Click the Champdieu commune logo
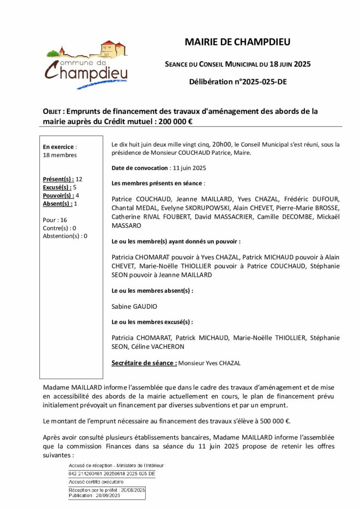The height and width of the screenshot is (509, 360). pos(87,65)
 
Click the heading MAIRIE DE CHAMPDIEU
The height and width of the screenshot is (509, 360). pos(237,42)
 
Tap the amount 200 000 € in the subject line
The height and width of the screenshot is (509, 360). pos(175,121)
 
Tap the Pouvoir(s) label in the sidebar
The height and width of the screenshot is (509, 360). pos(58,195)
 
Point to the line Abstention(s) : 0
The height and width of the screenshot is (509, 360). pos(65,236)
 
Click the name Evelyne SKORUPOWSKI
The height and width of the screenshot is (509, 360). pos(180,208)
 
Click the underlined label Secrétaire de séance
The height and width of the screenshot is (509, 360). pos(144,363)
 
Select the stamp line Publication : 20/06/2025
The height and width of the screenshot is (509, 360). pos(94,496)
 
